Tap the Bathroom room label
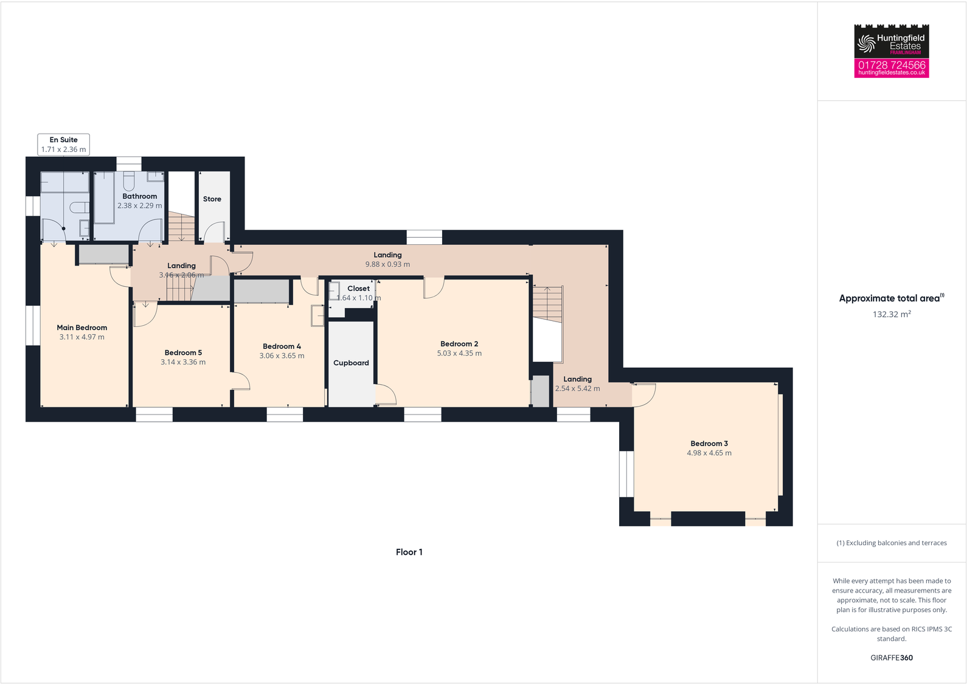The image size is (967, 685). point(139,196)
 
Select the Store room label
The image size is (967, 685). point(212,199)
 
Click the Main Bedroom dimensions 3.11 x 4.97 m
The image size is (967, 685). point(81,337)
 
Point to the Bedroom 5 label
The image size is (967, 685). point(182,353)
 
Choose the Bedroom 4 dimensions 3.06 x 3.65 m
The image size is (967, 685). point(282,356)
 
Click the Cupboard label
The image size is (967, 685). point(351,363)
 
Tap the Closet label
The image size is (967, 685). point(358,289)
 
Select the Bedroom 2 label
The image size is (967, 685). point(459,344)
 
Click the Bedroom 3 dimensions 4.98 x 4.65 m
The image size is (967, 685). point(709,453)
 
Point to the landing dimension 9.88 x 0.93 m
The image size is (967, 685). point(387,264)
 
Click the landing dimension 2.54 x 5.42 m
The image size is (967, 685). point(577,388)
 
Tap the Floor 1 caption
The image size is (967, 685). point(409,552)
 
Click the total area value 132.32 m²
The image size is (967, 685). point(891,314)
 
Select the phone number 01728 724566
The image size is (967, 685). point(892,64)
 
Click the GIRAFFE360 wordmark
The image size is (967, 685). point(892,658)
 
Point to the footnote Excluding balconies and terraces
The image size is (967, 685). point(892,543)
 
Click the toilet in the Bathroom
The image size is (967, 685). point(128,181)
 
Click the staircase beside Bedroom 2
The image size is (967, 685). point(547,304)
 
